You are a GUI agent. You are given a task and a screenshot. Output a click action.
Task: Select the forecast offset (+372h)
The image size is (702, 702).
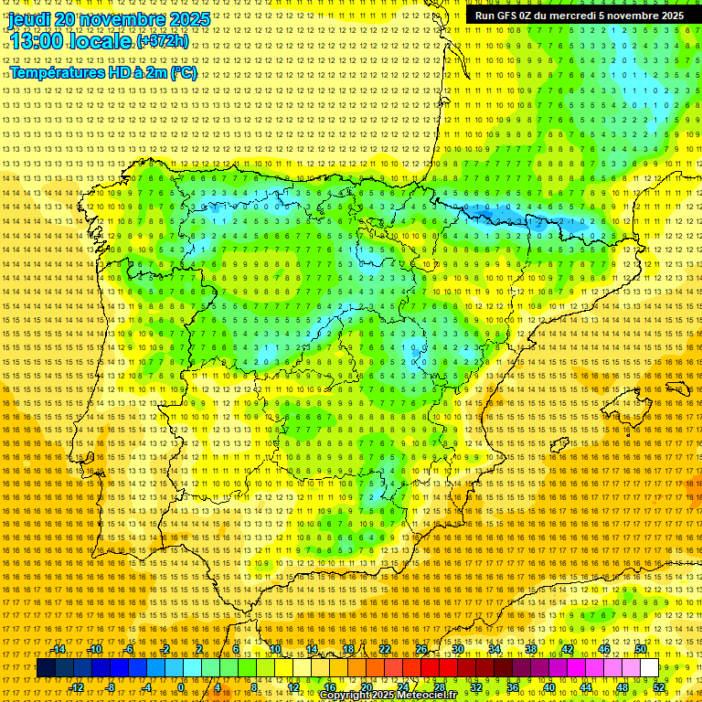click(163, 41)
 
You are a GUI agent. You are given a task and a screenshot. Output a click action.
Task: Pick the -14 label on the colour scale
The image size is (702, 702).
click(58, 649)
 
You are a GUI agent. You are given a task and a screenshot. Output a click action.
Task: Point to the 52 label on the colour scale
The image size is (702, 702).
click(659, 687)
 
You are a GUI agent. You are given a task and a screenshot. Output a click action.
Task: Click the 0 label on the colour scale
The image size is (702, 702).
click(181, 687)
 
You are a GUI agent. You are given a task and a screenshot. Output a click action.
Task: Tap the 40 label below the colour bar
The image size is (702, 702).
click(548, 687)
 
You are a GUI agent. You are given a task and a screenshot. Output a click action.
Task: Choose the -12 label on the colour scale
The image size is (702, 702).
click(77, 687)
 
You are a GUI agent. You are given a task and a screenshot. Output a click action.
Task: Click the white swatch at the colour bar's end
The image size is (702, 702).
click(649, 668)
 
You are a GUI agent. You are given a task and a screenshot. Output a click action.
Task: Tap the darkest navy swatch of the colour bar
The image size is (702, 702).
click(46, 668)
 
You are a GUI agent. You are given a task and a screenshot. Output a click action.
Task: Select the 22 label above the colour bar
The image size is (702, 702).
click(385, 649)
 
